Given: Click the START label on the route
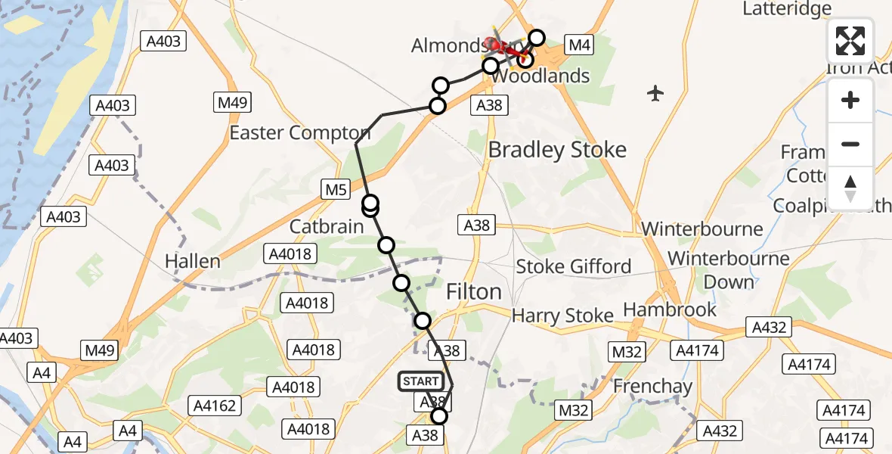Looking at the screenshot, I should (x=420, y=381).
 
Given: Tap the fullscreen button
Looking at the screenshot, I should (x=850, y=41).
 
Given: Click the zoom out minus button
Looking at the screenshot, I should (x=850, y=144).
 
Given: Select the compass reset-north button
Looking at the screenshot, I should (x=850, y=188).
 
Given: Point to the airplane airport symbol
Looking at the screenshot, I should (x=655, y=94).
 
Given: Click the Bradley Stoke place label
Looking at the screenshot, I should (x=557, y=150).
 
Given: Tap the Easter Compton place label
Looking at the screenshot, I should (x=300, y=133).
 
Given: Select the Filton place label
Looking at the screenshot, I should (x=474, y=291).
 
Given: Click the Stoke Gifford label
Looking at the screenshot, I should (x=573, y=266).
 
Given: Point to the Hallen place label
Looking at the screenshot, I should (x=194, y=262).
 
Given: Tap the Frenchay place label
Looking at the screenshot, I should (x=652, y=386).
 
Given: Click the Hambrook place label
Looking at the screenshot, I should (x=669, y=309).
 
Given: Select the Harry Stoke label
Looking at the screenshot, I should (x=562, y=316).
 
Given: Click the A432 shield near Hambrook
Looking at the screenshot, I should (x=770, y=328).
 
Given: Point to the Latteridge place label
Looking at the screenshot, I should (x=786, y=9).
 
